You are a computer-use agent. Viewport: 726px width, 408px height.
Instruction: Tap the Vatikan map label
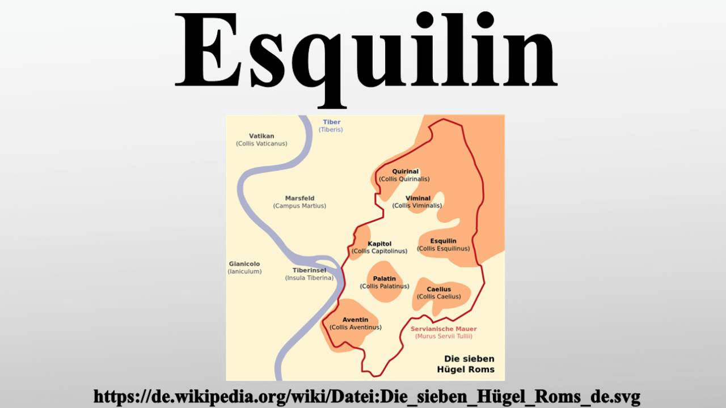pos(261,136)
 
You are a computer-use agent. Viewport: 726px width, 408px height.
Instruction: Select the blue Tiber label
pos(331,122)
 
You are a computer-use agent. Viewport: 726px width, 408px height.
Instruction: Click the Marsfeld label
pos(299,198)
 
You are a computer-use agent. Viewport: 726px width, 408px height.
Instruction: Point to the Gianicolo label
pos(244,264)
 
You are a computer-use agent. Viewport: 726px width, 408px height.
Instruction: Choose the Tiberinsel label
pos(309,270)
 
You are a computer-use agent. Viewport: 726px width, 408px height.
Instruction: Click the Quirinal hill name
pos(405,171)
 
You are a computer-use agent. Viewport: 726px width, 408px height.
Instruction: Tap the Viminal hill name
pos(417,198)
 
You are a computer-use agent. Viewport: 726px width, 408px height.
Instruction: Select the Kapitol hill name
pos(379,244)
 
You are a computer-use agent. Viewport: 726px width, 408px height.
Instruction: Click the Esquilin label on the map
pos(443,241)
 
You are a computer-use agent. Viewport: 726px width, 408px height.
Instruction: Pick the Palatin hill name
pos(385,279)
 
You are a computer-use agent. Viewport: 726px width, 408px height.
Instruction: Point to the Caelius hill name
pos(438,290)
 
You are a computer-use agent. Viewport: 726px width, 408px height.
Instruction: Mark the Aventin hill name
pos(355,320)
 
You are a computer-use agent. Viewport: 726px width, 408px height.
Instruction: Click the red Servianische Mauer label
pos(444,329)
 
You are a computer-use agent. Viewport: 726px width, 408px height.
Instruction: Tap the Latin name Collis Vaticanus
pos(261,144)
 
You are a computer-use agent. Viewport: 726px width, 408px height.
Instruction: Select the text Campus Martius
pos(299,206)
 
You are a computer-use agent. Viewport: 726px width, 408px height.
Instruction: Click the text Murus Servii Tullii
pos(444,336)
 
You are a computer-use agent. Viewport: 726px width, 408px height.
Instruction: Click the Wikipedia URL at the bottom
pos(366,396)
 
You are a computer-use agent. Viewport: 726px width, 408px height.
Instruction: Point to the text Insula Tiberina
pos(309,278)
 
